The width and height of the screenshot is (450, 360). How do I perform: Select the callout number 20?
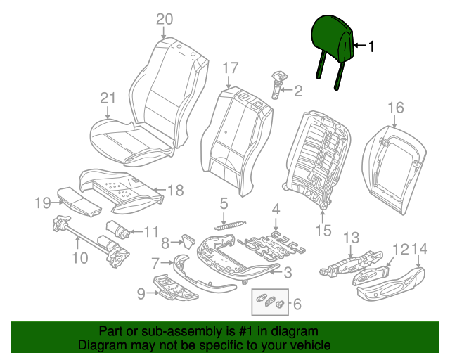[x=164, y=19]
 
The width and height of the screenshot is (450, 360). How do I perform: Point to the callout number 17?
[x=231, y=68]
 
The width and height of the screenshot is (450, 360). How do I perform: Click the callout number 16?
[x=396, y=108]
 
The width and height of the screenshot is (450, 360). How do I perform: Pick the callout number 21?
[x=107, y=98]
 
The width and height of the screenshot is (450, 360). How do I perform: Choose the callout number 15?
[x=323, y=230]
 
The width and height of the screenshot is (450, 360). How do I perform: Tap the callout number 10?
[x=80, y=258]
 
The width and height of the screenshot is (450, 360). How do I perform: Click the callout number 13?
[x=351, y=237]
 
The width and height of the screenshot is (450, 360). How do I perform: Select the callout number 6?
[x=296, y=304]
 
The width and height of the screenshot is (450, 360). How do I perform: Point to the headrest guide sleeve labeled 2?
[x=278, y=83]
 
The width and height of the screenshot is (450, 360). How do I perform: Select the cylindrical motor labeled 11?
[x=115, y=229]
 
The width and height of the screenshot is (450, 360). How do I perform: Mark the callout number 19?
[x=44, y=203]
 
